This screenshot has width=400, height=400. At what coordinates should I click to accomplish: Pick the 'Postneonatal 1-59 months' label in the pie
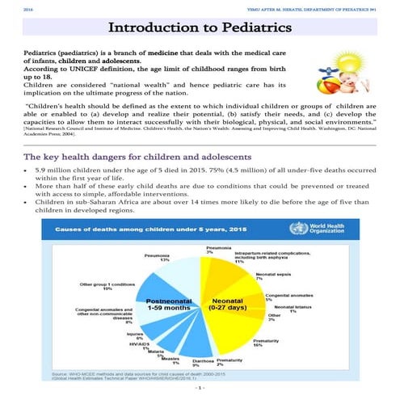168,305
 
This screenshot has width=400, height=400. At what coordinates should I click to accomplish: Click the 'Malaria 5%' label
157,353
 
